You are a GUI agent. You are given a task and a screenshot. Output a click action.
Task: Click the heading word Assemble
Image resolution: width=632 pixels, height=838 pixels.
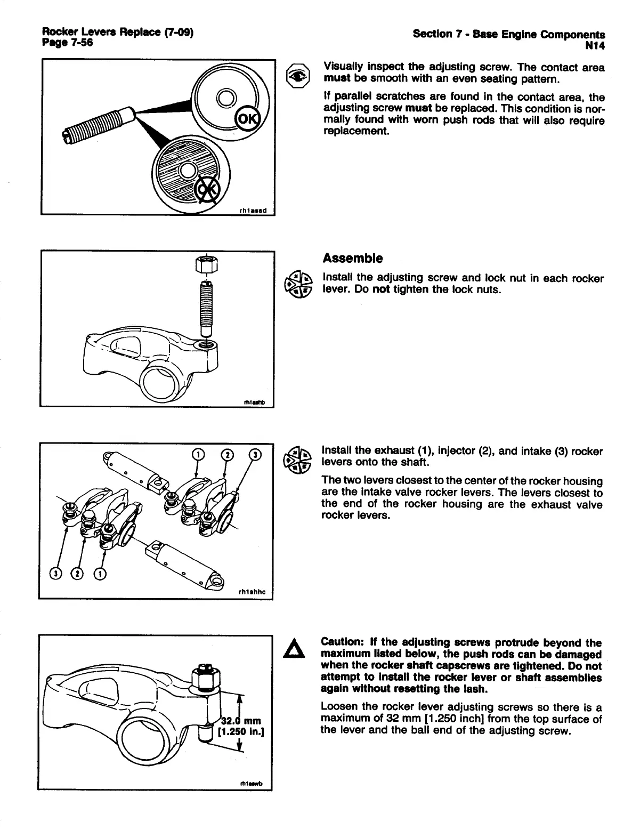pyautogui.click(x=352, y=259)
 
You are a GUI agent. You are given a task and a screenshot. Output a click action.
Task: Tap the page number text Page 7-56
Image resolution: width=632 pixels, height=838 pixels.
pyautogui.click(x=67, y=43)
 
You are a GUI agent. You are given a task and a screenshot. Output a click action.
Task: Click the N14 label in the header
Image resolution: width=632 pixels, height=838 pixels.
pyautogui.click(x=595, y=46)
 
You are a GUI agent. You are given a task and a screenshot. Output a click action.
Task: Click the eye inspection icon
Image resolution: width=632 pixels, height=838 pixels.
pyautogui.click(x=297, y=76)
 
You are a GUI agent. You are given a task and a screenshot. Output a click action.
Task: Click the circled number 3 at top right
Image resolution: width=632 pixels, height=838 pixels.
pyautogui.click(x=256, y=455)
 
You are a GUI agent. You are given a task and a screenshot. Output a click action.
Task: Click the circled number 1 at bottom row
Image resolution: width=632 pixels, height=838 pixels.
pyautogui.click(x=100, y=574)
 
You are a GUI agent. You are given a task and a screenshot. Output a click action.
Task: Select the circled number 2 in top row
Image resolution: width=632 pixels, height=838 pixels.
pyautogui.click(x=228, y=455)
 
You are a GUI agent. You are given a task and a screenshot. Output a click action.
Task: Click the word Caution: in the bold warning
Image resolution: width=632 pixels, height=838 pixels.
pyautogui.click(x=341, y=643)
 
